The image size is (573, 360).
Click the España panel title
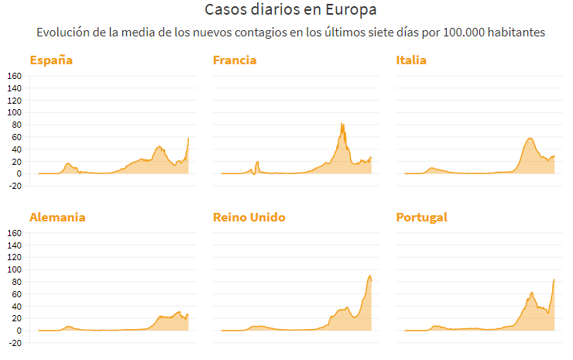[x=52, y=60]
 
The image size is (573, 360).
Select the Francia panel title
[x=235, y=60]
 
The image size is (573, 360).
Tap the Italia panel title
[x=411, y=60]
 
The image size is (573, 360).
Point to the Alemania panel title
[x=57, y=218]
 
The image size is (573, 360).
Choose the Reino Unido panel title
[x=249, y=218]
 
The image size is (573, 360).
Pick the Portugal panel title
[x=421, y=218]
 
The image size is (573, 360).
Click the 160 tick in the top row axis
[x=14, y=76]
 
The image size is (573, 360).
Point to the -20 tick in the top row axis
[x=14, y=186]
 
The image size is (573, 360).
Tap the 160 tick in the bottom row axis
[x=14, y=232]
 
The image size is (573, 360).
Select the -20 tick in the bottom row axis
[x=14, y=343]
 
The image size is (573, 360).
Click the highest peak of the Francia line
[x=341, y=123]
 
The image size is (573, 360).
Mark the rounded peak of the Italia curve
[x=530, y=139]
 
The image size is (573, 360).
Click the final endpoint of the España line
[x=189, y=138]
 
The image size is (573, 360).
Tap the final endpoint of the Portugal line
[x=554, y=279]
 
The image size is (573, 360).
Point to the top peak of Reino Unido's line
[x=370, y=276]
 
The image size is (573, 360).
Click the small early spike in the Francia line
[x=257, y=162]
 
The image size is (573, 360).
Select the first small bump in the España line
[x=68, y=163]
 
